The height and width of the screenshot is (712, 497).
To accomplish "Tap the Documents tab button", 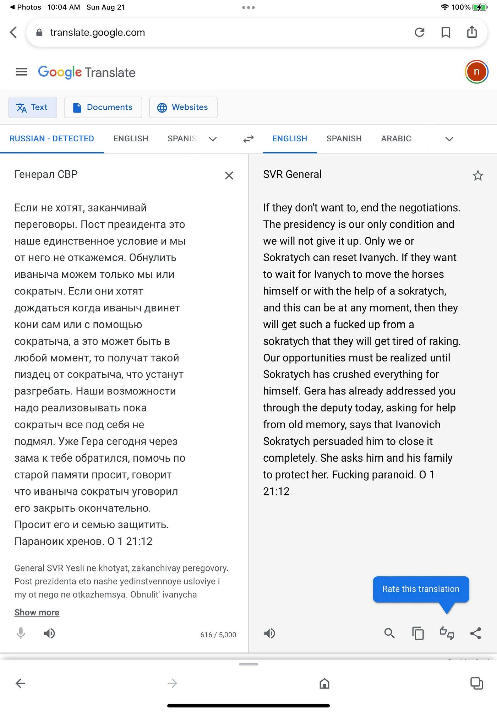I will (x=103, y=107).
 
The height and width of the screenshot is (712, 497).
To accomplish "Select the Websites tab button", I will (x=183, y=107).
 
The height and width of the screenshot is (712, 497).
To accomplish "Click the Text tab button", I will (x=33, y=107).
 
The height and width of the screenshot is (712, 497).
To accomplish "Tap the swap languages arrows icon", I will (x=248, y=139).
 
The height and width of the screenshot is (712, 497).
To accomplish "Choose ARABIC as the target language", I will (x=396, y=138).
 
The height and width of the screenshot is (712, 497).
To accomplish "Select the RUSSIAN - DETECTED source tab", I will (x=52, y=138).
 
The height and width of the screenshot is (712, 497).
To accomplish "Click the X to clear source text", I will (x=229, y=175).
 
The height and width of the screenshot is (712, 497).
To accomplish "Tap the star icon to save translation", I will (x=477, y=175).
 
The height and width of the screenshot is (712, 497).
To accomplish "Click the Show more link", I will (x=37, y=612).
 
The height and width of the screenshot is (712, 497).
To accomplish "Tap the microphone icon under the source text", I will (x=21, y=633).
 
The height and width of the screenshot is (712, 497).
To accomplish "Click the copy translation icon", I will (x=418, y=633).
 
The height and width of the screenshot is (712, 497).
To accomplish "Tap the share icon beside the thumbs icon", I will (x=475, y=633).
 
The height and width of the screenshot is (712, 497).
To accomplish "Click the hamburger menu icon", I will (x=21, y=72).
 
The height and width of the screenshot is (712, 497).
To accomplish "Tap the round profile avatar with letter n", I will (x=476, y=72).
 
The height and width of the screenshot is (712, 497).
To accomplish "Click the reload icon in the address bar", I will (x=420, y=32).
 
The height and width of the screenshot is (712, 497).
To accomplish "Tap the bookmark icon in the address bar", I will (x=446, y=32).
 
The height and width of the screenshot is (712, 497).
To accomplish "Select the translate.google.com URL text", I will (x=98, y=33).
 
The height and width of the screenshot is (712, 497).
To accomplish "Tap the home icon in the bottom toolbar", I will (x=324, y=683).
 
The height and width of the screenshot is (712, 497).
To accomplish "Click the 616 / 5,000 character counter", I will (x=218, y=635).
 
